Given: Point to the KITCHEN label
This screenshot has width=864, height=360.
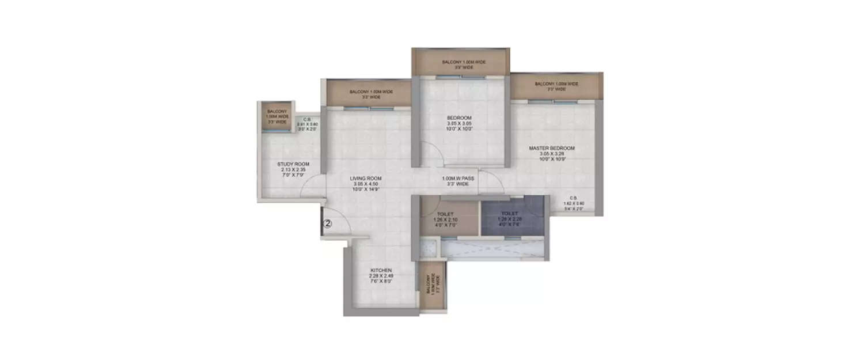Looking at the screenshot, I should coord(381,270).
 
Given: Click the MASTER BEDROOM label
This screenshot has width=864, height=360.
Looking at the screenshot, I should coord(552,148).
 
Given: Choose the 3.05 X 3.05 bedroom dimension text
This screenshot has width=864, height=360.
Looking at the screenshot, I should coord(459,124).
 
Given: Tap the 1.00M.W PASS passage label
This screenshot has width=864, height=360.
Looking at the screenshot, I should coord(458,179).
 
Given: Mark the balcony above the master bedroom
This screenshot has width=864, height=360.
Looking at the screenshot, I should coord(556,86).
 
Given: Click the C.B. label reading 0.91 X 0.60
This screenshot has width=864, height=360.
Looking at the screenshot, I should coord(308,124).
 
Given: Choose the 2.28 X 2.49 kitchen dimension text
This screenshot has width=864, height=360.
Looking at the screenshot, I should coord(381,276).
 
